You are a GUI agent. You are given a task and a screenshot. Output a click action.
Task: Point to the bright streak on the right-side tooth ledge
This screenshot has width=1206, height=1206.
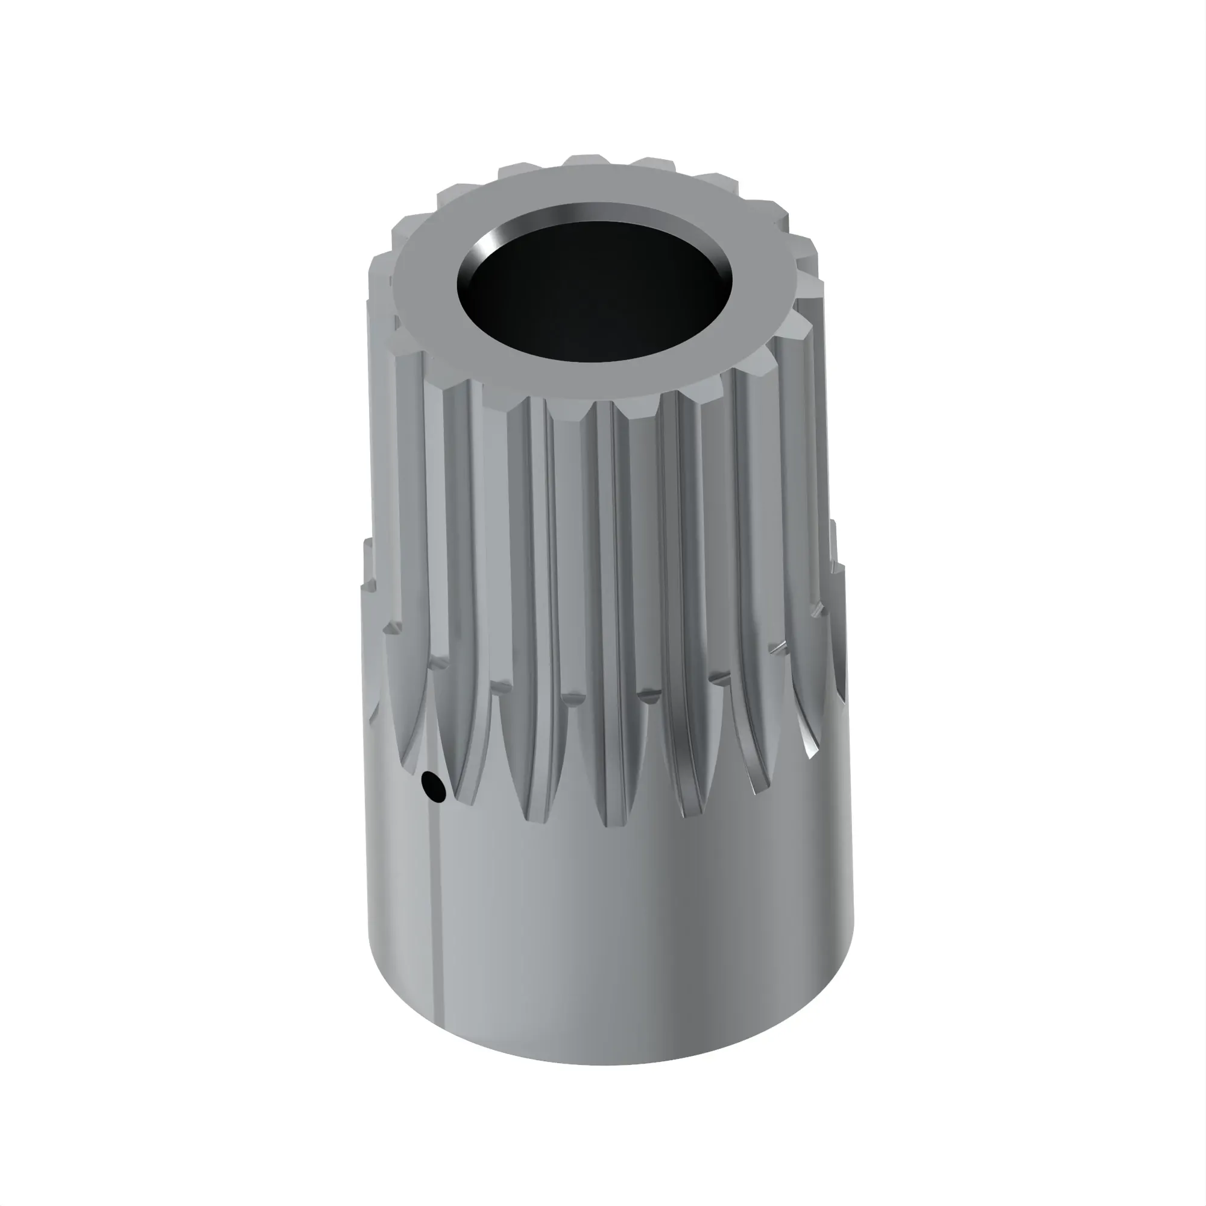point(777,646)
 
